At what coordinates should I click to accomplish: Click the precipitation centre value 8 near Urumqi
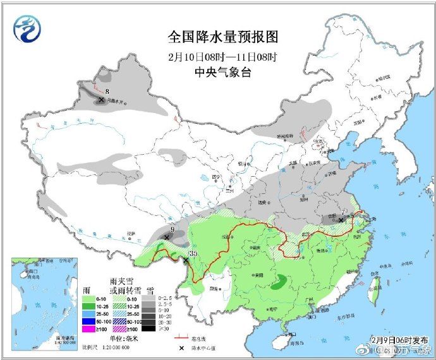[x=107, y=92]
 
